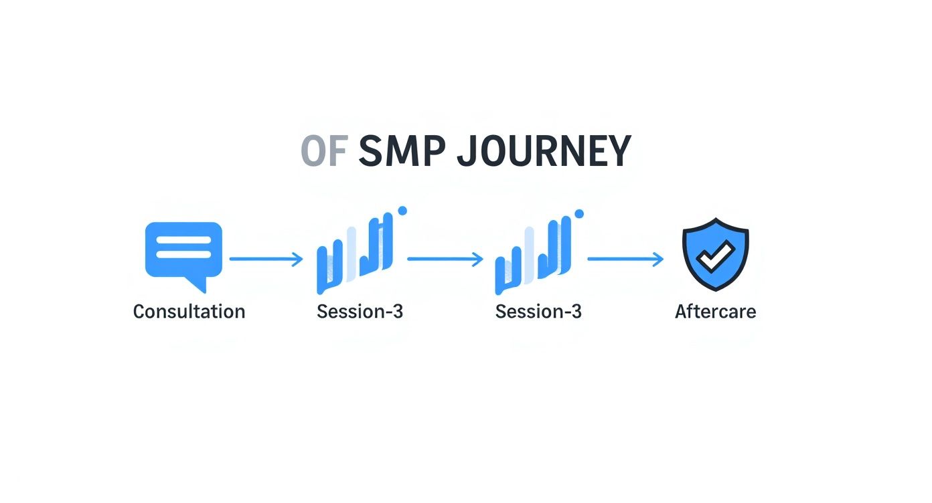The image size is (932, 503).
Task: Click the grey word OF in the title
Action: click(x=323, y=152)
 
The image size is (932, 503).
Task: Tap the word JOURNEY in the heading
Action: click(x=544, y=152)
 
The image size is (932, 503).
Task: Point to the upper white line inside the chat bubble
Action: click(x=183, y=240)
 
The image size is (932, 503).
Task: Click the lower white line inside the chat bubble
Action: click(x=183, y=255)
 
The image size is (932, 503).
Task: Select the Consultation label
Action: click(x=189, y=312)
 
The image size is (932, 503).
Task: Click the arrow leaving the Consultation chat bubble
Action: click(x=266, y=259)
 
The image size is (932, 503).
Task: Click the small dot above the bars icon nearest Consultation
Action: click(x=402, y=211)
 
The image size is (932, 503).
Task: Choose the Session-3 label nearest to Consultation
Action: click(x=360, y=312)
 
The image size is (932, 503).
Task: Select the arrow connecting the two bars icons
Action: click(x=445, y=259)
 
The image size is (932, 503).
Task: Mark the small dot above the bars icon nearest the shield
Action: click(x=580, y=213)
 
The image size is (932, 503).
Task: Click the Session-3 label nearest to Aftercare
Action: click(x=538, y=312)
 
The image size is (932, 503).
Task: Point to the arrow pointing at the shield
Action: click(x=625, y=259)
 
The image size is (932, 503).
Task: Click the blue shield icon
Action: click(x=715, y=254)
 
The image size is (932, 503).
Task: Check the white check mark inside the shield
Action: click(x=715, y=254)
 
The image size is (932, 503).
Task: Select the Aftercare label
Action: click(x=715, y=312)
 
